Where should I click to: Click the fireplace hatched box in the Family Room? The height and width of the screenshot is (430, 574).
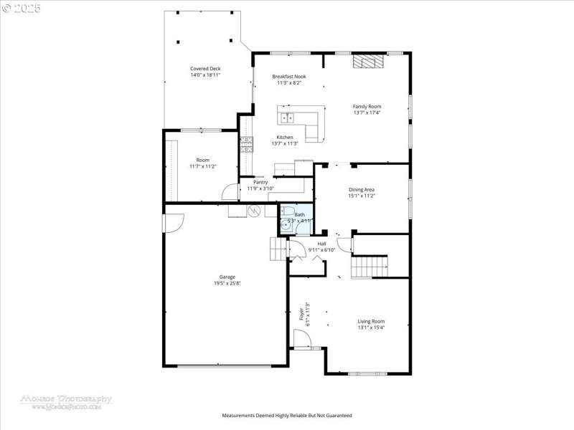click(x=368, y=62)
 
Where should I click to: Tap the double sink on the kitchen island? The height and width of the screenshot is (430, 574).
click(x=288, y=117)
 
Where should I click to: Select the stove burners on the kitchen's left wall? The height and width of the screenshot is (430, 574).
click(x=246, y=144)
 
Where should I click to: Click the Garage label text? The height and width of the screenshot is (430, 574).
click(x=227, y=277)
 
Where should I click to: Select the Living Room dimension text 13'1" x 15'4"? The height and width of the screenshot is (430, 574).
click(x=372, y=328)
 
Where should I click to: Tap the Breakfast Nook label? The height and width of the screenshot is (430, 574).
click(x=289, y=76)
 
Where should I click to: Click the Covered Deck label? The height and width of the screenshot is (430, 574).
click(x=205, y=68)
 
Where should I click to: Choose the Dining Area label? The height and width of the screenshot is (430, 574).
click(x=362, y=189)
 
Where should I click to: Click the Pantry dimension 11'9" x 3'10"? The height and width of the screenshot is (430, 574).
click(x=260, y=188)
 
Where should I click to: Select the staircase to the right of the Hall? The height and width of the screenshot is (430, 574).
click(x=369, y=267)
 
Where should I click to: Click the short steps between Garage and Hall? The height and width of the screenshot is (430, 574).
click(x=278, y=250)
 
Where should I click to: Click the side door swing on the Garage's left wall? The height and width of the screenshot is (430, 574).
click(x=173, y=223)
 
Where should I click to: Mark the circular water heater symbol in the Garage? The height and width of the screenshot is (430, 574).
click(x=253, y=211)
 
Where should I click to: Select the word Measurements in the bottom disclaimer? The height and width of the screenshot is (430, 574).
click(x=240, y=416)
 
